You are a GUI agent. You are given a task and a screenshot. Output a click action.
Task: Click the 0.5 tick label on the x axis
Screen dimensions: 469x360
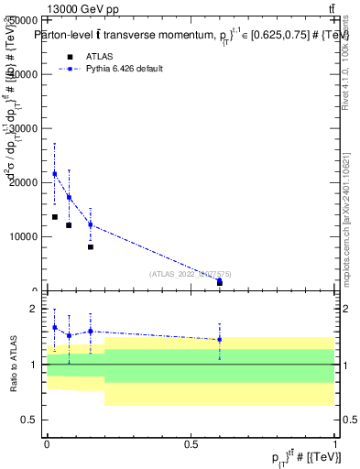[191, 443]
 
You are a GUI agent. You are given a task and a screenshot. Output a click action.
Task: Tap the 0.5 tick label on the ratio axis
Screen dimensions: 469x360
[33, 420]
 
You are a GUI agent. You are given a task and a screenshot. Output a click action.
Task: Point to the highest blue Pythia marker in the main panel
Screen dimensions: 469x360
[54, 173]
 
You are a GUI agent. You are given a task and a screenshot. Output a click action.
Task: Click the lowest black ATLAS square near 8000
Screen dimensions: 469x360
[91, 246]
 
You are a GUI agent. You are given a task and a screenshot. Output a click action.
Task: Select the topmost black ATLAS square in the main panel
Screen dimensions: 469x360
[54, 217]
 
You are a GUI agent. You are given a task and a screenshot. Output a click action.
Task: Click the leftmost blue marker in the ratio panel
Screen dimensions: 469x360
[54, 327]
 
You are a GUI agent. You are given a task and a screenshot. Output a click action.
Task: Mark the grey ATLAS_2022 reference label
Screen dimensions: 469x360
[191, 273]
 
